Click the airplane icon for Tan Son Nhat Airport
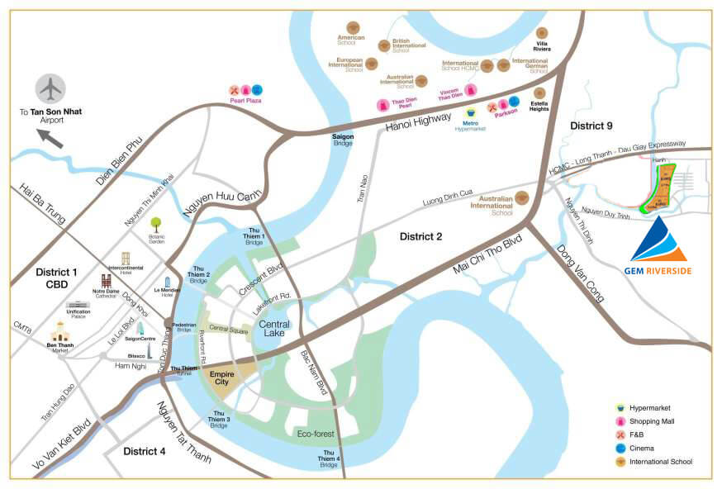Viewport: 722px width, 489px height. coord(51,88)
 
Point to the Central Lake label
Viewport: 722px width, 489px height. coord(273,329)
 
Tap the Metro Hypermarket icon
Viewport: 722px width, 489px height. coord(471,112)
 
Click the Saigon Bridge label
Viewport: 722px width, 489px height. coord(343,138)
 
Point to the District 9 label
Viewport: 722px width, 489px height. coord(591,125)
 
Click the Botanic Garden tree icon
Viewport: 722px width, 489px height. coord(155,223)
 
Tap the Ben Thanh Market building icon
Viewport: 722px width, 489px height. coord(59,332)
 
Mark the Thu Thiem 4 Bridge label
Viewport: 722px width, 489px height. coord(329,458)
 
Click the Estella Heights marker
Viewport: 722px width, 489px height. coord(539,93)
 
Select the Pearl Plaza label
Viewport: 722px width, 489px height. coord(245,101)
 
